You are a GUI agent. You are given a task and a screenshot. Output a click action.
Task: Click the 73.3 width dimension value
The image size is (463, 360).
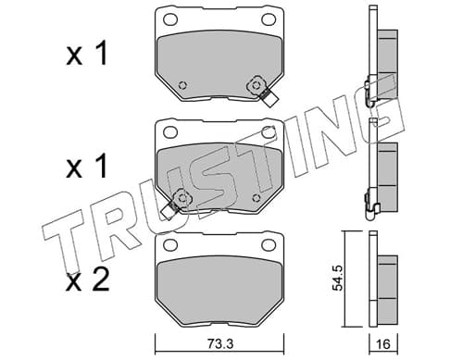coord(219,343)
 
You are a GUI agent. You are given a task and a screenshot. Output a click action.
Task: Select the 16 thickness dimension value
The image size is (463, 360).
coord(383,344)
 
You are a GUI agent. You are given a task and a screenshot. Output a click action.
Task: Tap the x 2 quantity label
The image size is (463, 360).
coord(88,279)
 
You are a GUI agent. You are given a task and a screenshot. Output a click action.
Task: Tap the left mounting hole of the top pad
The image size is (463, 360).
coord(170,19)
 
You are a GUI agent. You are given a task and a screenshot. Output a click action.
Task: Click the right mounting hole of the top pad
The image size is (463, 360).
coord(269,19)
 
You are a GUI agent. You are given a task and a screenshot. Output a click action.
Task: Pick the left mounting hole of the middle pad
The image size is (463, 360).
coord(170,132)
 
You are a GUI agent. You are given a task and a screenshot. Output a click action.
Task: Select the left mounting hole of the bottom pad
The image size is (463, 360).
coord(170,244)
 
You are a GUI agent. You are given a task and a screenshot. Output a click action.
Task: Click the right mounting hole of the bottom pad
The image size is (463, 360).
coord(269,244)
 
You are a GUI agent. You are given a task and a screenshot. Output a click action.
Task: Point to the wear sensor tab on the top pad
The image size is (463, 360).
coord(269,98)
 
